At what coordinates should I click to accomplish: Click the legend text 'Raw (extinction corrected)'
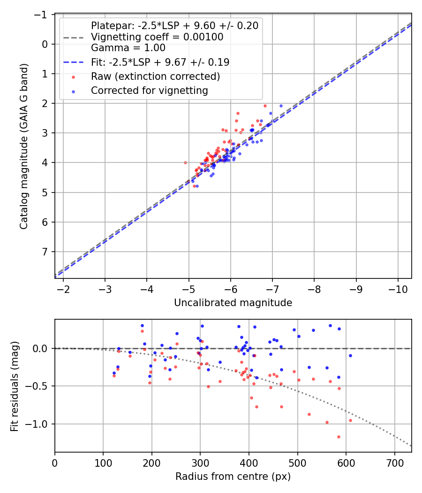[155, 76]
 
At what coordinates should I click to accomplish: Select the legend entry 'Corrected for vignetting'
[150, 90]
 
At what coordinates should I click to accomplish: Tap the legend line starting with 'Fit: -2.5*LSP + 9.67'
[160, 62]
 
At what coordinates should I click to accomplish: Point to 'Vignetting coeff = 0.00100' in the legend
[157, 37]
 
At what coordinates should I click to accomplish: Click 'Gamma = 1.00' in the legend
[128, 47]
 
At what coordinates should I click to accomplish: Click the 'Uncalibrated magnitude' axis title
[233, 303]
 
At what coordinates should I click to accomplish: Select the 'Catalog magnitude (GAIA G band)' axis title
[24, 146]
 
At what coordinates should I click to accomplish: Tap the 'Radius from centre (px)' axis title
[233, 477]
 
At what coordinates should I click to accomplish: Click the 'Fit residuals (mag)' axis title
[14, 385]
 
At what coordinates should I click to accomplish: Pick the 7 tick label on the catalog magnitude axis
[45, 252]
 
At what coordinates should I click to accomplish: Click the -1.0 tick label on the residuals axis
[38, 424]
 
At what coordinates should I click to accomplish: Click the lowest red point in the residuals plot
[339, 437]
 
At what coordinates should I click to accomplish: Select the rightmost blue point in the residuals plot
[350, 355]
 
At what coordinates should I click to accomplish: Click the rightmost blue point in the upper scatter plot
[281, 106]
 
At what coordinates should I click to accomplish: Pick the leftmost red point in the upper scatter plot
[185, 162]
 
